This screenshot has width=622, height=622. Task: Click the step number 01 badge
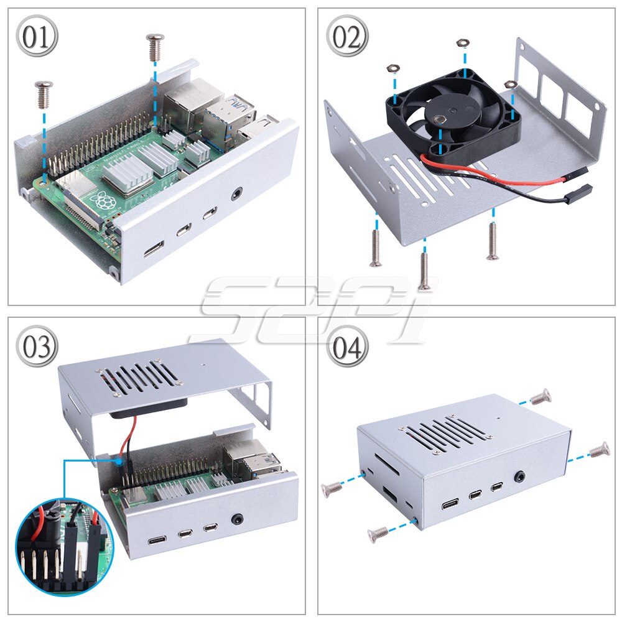pos(37,37)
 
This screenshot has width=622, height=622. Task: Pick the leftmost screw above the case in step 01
pos(44,92)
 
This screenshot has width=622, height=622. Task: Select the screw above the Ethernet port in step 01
pos(155,45)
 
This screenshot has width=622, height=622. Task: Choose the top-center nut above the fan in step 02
pos(461,43)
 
